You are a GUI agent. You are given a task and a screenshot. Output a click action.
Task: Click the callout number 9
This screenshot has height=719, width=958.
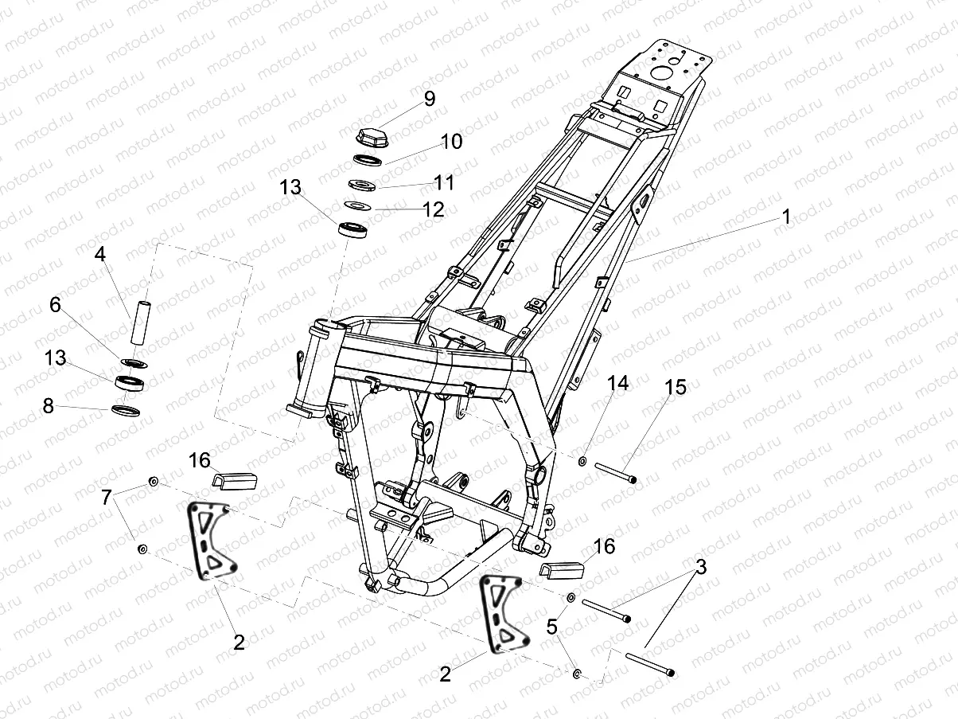[x=430, y=99]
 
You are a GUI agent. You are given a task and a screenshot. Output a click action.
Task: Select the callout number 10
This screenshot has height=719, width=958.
[x=450, y=142]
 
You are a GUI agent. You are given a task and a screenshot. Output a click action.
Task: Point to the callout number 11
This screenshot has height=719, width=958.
[x=444, y=183]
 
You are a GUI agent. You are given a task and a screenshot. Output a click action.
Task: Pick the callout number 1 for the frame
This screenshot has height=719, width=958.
[x=786, y=217]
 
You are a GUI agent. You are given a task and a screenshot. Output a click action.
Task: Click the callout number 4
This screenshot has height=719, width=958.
[x=99, y=255]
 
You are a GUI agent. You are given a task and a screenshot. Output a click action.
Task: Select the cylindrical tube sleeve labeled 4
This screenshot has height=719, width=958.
[x=140, y=320]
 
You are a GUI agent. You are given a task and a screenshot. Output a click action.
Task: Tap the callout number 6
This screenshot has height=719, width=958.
[x=55, y=305]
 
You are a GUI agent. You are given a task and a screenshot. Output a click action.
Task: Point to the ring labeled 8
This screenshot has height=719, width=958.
[x=126, y=411]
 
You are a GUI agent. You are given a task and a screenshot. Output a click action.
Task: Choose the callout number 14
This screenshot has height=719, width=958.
[x=617, y=384]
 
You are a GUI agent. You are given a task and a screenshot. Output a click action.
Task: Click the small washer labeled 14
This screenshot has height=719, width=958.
[x=583, y=460]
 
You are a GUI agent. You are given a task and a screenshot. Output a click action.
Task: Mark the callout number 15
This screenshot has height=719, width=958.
[x=676, y=388]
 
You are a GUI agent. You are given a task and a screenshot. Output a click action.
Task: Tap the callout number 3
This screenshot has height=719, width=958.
[x=700, y=568]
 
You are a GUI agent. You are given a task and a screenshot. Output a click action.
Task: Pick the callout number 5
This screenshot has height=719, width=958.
[x=551, y=627]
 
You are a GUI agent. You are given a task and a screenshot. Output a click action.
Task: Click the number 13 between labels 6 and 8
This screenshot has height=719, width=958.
[x=55, y=358]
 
